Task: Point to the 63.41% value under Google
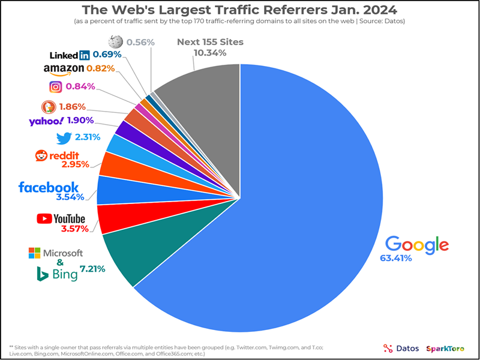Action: pos(395,259)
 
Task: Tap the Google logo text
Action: pos(416,244)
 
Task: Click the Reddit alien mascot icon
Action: pos(41,156)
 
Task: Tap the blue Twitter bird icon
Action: pos(64,138)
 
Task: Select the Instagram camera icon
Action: pos(55,87)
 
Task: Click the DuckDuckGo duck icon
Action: pos(49,107)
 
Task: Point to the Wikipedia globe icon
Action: pos(115,42)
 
